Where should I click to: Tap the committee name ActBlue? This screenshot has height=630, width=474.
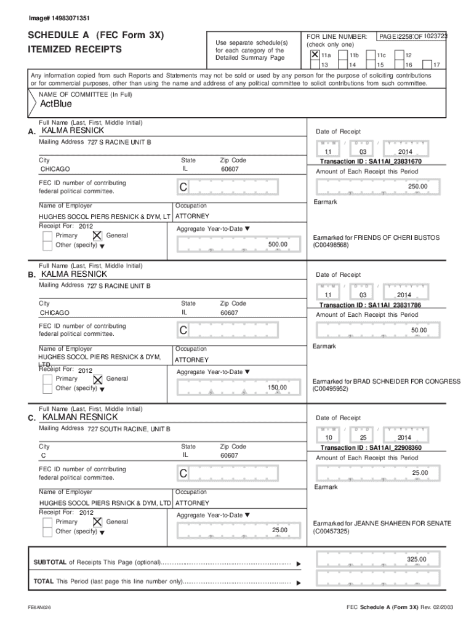[x=55, y=104]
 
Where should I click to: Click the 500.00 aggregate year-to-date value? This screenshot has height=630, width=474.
[x=278, y=245]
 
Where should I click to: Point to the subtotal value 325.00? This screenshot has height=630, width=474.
[x=416, y=559]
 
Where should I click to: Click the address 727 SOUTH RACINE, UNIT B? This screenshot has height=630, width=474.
[x=129, y=429]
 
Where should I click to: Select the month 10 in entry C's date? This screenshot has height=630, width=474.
[x=328, y=437]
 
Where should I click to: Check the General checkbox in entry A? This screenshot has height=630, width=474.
[x=97, y=236]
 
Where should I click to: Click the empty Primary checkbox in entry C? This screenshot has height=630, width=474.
[x=47, y=522]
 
